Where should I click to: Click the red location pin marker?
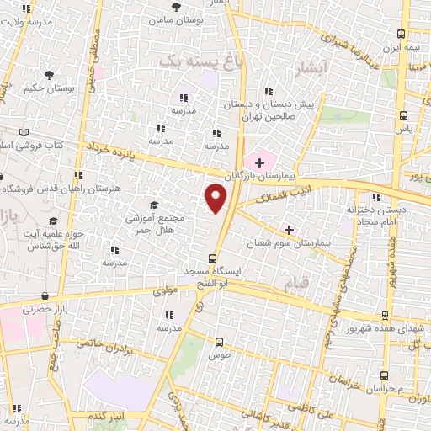tap(216, 199)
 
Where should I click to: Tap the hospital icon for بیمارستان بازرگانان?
tap(259, 161)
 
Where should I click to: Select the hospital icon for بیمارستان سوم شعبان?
tap(289, 229)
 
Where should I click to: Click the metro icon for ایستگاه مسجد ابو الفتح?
tap(213, 259)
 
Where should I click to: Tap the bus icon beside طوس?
tap(220, 342)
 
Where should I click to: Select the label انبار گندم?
tap(109, 417)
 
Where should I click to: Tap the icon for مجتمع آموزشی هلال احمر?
tap(153, 205)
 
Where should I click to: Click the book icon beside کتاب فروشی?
tap(23, 133)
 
